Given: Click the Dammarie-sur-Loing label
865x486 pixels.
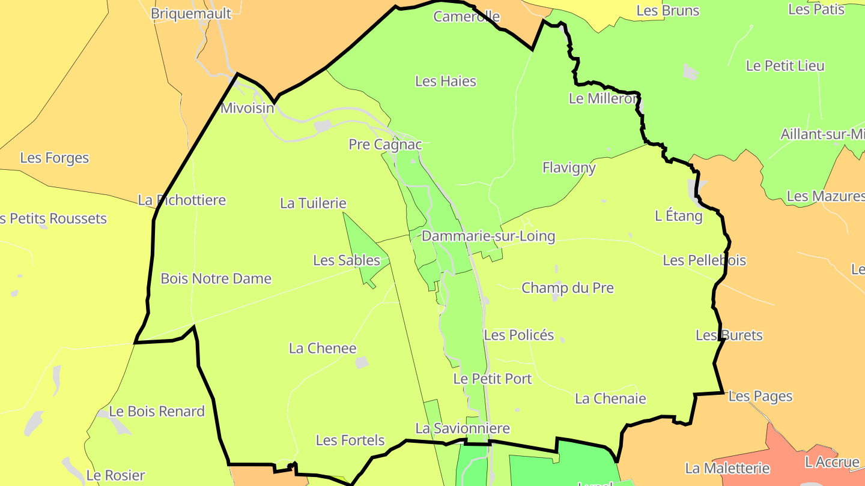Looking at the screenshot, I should (x=488, y=236).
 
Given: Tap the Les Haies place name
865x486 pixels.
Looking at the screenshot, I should (x=446, y=81).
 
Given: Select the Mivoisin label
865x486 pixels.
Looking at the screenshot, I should (x=247, y=109).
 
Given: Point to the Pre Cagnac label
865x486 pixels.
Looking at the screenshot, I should (x=386, y=145).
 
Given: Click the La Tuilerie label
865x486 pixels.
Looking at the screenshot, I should (x=313, y=203).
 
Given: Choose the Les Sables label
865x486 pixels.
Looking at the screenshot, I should (x=347, y=260).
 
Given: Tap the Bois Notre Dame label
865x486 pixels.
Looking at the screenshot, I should (x=216, y=279).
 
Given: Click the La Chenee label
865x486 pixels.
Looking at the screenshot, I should (x=323, y=349).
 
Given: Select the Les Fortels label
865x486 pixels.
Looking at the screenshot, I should (x=350, y=440).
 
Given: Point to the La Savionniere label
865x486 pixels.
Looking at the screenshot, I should (x=463, y=428).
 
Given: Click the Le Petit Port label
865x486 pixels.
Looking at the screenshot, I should (x=493, y=379).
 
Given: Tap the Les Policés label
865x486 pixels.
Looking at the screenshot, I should (x=519, y=335).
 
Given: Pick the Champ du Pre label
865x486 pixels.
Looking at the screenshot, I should (x=568, y=288).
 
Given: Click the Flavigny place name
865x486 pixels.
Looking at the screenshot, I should (x=569, y=168).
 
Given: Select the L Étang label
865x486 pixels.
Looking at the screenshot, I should (x=679, y=216).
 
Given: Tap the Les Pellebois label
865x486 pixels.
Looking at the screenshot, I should (x=704, y=260).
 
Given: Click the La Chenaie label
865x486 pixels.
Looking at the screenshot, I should (x=610, y=398).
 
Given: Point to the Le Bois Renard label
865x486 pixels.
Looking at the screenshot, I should (x=157, y=412).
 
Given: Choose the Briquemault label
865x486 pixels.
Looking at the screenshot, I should (x=191, y=13).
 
